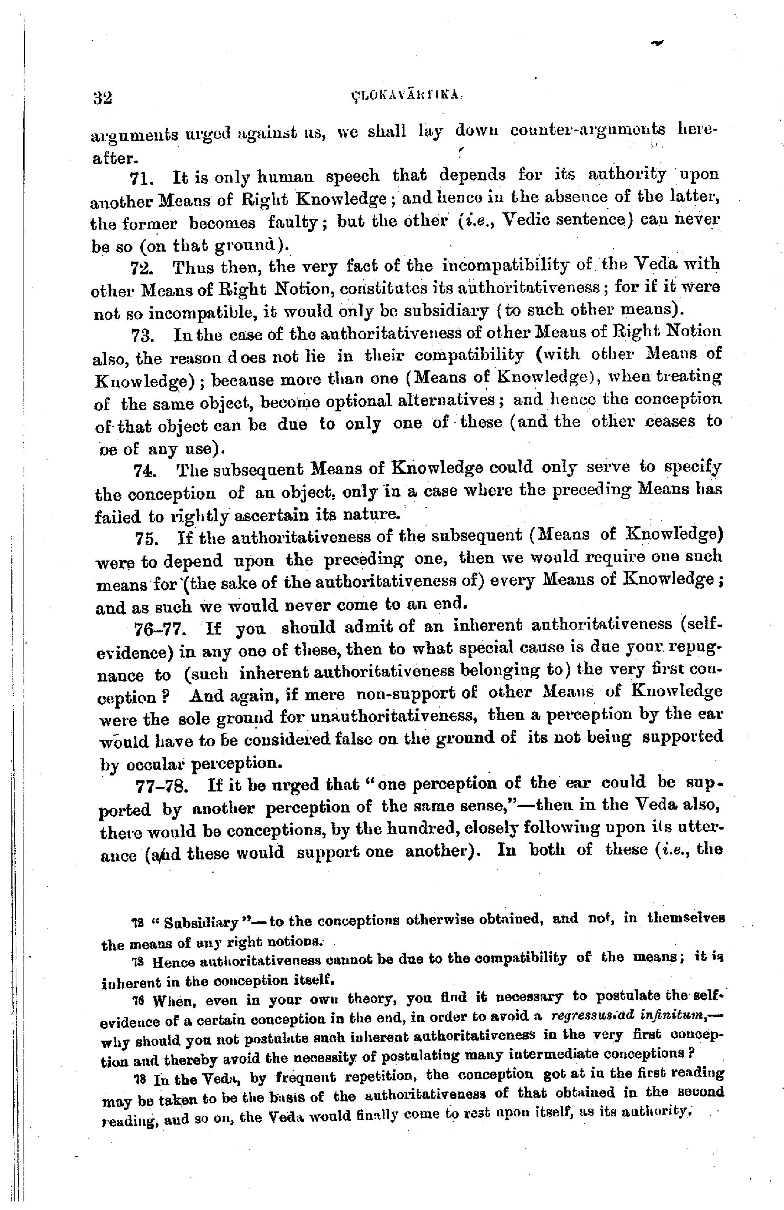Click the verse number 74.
pos(145,471)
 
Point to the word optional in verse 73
pos(359,401)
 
